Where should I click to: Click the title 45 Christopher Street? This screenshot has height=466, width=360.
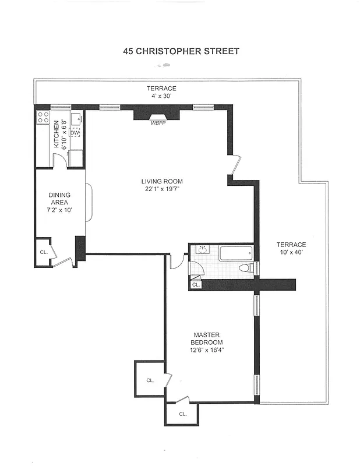tap(181, 51)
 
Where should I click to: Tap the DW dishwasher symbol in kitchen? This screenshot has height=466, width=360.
tap(75, 133)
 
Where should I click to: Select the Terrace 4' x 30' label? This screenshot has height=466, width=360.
tap(161, 92)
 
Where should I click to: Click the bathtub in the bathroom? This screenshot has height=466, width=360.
tap(235, 254)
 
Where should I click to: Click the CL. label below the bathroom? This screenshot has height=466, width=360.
tap(196, 285)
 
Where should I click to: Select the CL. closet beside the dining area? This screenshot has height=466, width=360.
tap(43, 252)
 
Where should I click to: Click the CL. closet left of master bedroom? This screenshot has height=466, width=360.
tap(150, 380)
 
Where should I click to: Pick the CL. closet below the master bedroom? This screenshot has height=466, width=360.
tap(182, 414)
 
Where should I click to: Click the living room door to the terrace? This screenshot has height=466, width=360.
tap(235, 163)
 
